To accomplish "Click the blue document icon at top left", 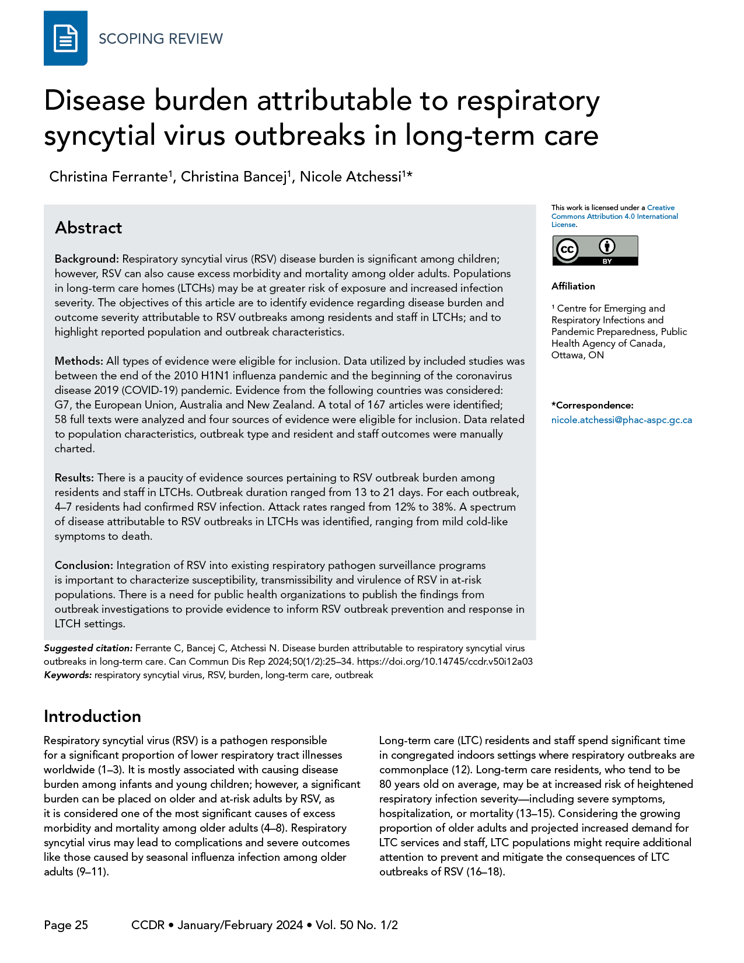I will (x=65, y=39).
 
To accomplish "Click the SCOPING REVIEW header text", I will (x=160, y=39).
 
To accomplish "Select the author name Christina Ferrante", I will (x=109, y=177).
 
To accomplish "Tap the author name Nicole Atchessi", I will (x=350, y=177).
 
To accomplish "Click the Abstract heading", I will (x=89, y=228).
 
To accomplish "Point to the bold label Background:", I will (x=87, y=259).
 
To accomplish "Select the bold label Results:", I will (x=75, y=478).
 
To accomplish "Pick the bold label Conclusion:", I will (x=84, y=566).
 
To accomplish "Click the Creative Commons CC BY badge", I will (x=595, y=250).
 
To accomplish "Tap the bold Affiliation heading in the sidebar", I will (x=573, y=286).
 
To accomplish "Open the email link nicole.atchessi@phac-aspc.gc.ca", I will (x=621, y=420).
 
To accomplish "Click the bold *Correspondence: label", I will (x=592, y=406).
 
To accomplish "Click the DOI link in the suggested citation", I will (x=444, y=662).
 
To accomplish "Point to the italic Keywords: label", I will (x=68, y=675).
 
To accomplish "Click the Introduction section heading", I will (x=92, y=716).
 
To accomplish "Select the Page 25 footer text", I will (x=66, y=925).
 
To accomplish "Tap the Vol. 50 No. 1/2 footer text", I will (x=357, y=925).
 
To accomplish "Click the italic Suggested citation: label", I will (x=88, y=648).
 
